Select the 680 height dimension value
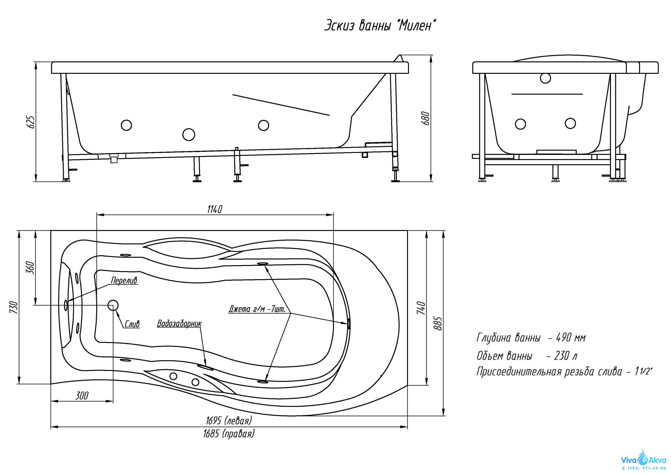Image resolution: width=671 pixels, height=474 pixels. (x=426, y=118)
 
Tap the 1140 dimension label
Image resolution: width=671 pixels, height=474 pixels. (x=215, y=209)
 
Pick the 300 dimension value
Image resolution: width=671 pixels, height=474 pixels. (x=82, y=396)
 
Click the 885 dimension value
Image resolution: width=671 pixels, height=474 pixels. (x=438, y=323)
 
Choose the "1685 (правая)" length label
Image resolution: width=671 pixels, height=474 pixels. (x=229, y=434)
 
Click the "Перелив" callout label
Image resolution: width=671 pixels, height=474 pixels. (x=124, y=281)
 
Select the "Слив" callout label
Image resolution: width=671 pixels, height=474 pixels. (x=132, y=324)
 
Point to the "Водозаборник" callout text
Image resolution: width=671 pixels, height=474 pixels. (x=179, y=324)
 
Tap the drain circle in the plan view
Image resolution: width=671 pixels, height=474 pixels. (x=113, y=305)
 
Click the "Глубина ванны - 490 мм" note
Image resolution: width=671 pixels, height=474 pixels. (x=531, y=338)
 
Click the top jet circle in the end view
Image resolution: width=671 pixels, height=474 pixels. (x=545, y=78)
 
